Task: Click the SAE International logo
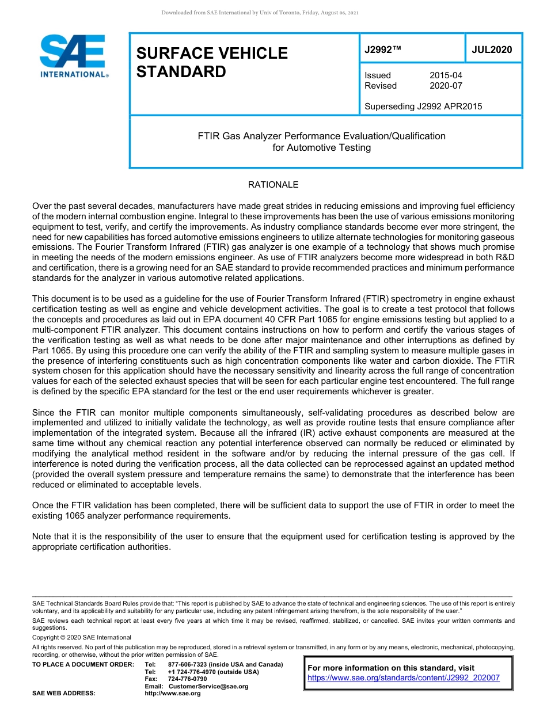[x=74, y=56]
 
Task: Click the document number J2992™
[x=382, y=50]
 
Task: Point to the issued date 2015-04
[x=445, y=75]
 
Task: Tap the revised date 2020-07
[x=445, y=86]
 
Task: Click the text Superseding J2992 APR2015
[x=423, y=106]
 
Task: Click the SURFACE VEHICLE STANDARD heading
[x=212, y=62]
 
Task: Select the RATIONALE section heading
[x=273, y=185]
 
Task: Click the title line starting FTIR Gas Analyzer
[x=321, y=136]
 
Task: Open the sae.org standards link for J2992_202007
[x=404, y=677]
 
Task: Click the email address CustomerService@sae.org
[x=208, y=686]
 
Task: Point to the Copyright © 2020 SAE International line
[x=82, y=637]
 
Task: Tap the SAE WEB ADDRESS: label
[x=63, y=693]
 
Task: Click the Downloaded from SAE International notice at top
[x=260, y=13]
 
